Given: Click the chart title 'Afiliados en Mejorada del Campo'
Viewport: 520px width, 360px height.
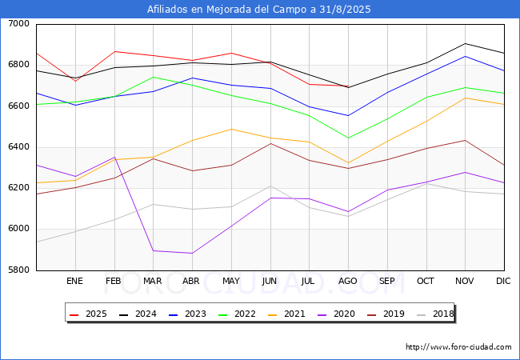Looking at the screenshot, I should [x=259, y=10].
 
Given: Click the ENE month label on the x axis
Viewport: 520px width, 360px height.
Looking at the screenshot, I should [x=74, y=281].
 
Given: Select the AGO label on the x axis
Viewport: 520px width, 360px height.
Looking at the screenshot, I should [x=347, y=281].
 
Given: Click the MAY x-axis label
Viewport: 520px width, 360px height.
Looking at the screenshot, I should [x=230, y=281].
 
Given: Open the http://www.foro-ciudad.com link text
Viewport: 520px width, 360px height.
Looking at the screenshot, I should [x=458, y=347].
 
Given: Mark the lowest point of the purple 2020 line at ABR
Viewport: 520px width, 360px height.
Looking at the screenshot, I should [x=191, y=254].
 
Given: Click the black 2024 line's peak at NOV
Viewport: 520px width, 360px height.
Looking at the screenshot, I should [x=465, y=43].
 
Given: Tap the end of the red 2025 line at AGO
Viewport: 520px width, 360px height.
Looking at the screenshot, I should [x=347, y=86].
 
